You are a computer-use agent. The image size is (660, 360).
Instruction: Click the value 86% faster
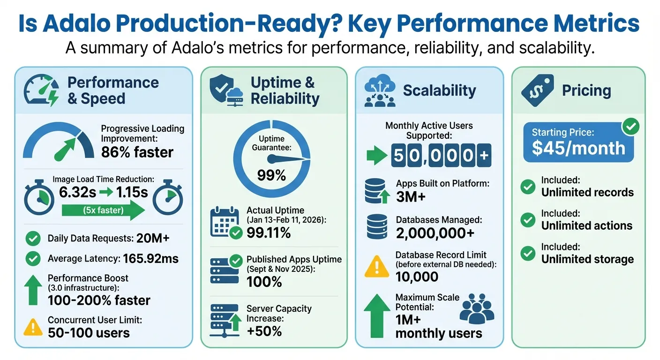[137, 152]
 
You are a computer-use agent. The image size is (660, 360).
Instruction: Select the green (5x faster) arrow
[103, 210]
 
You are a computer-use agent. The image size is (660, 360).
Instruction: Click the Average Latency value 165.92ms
[150, 258]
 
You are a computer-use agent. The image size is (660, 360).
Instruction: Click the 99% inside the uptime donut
[271, 175]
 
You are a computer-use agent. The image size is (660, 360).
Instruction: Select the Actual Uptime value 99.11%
[269, 232]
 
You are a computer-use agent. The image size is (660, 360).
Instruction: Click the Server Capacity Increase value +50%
[264, 331]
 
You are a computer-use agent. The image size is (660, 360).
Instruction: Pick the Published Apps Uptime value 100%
[264, 282]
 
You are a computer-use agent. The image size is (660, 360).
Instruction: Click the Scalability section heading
[439, 90]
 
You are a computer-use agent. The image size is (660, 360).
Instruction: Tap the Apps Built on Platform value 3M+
[411, 197]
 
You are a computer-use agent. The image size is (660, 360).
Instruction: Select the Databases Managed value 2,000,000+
[435, 232]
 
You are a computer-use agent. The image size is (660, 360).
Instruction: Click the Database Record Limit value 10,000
[417, 277]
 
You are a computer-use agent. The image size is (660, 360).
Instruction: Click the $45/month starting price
[578, 148]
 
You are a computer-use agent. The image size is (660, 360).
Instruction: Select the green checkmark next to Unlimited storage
[528, 254]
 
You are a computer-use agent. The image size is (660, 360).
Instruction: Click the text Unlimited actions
[587, 225]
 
